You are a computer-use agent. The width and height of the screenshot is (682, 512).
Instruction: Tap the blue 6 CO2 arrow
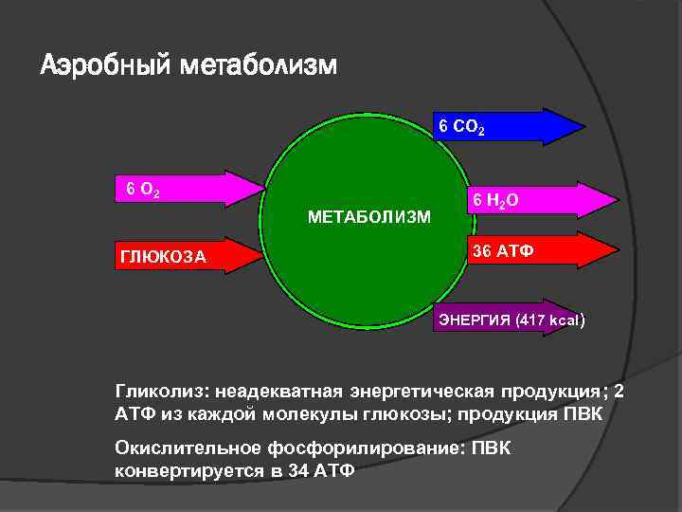tap(530, 126)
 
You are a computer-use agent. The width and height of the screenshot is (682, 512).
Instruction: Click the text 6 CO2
tap(460, 126)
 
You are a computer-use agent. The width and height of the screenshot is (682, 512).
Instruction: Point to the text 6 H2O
tap(495, 200)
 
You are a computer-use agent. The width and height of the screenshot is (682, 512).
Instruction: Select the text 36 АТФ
tap(503, 252)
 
